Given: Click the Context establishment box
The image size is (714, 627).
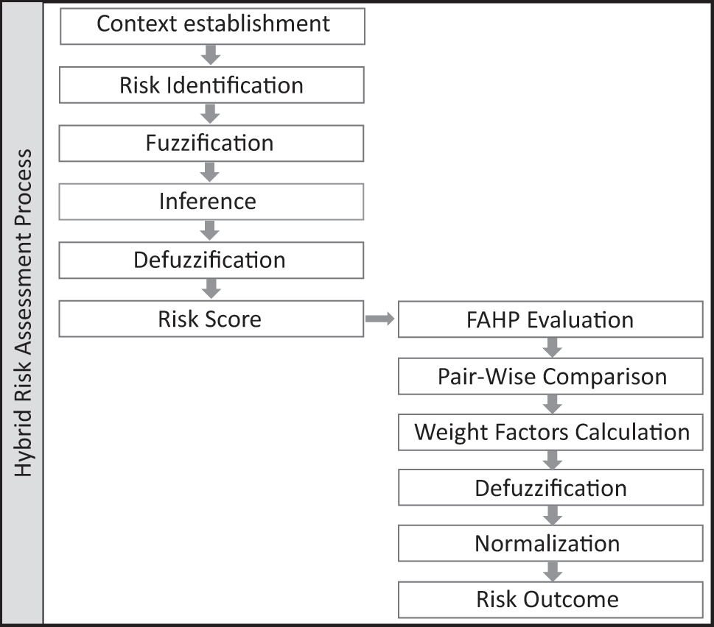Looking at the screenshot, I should (x=211, y=24).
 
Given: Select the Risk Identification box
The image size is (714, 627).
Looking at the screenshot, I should (x=211, y=85).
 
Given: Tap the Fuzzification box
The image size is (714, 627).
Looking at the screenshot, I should (x=211, y=143).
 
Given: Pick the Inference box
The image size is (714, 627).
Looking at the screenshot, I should (x=211, y=202).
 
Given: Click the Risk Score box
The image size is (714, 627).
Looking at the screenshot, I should (x=211, y=319).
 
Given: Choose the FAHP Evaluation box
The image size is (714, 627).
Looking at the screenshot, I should (x=550, y=320).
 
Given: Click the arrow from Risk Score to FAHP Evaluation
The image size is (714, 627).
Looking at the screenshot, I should (x=380, y=319).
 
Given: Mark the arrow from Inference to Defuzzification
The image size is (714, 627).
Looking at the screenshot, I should (x=211, y=230).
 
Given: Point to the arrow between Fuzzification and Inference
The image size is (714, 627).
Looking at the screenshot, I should (x=211, y=171).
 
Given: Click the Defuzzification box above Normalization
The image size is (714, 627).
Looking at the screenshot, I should (x=550, y=488).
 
